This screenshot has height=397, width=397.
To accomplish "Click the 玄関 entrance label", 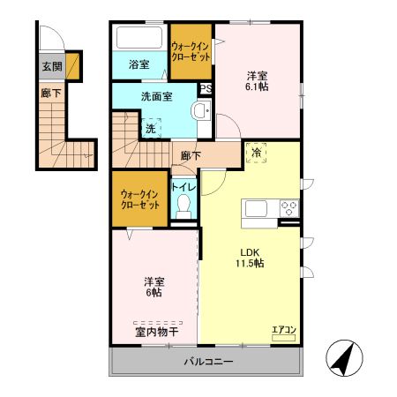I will tap(51, 66).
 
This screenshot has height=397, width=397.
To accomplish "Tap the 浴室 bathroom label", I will tap(139, 64).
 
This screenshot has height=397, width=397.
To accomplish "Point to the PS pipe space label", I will tap(205, 88).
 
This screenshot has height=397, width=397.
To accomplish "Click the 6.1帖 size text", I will tap(257, 87).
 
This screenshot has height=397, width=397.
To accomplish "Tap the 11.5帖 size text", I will tap(250, 263).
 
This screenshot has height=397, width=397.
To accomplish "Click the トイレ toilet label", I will tap(184, 187).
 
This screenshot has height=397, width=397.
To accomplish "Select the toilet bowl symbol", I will tap(184, 206).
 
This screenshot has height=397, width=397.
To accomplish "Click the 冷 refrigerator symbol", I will tap(257, 153).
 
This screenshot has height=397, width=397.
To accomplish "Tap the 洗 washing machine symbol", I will tap(151, 128).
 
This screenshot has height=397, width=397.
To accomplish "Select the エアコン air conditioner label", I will tap(284, 329).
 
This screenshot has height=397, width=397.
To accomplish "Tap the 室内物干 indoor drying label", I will tap(156, 333).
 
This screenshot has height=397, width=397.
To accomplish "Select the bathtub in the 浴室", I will tap(139, 40).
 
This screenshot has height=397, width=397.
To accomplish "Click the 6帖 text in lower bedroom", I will tap(154, 292).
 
